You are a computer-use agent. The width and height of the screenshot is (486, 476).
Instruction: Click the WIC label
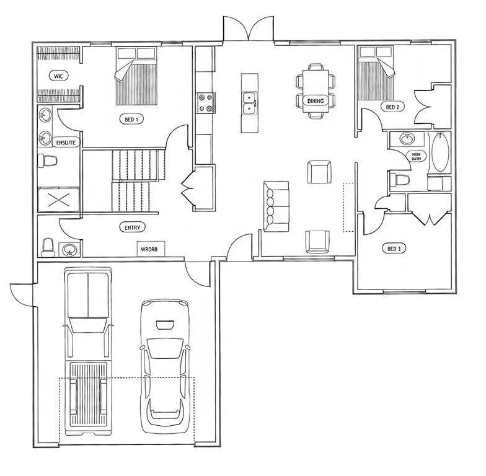click(58, 76)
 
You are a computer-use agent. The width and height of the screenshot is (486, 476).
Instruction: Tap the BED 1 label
click(131, 119)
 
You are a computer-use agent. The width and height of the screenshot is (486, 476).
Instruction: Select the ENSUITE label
click(66, 143)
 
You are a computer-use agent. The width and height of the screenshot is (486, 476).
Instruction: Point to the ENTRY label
click(133, 227)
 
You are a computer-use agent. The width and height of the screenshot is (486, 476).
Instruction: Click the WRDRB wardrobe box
click(151, 249)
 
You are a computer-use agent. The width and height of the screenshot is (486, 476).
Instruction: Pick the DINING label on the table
click(315, 100)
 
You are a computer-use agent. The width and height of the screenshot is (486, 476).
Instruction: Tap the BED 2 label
click(392, 107)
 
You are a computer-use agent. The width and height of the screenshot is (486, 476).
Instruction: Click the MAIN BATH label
click(416, 156)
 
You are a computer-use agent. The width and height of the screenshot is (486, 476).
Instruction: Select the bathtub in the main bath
click(440, 152)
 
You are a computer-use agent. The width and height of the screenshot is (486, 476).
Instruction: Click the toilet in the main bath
click(400, 179)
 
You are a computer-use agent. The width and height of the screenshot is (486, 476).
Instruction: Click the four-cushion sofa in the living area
click(276, 206)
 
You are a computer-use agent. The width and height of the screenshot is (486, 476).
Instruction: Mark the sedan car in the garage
click(165, 366)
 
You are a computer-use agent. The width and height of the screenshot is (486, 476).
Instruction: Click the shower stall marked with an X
click(59, 200)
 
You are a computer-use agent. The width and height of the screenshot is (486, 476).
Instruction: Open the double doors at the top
click(248, 29)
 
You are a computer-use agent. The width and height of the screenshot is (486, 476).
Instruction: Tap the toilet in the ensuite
click(47, 161)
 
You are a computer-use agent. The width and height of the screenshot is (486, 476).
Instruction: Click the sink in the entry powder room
click(69, 249)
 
